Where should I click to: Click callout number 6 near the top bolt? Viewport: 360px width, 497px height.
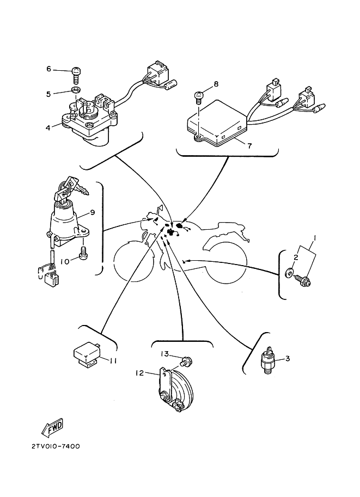48,69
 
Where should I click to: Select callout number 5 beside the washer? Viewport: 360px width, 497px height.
48,94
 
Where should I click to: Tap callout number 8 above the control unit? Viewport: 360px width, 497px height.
216,84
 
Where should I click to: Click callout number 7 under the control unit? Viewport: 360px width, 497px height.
249,146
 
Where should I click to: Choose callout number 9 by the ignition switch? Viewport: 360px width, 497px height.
93,212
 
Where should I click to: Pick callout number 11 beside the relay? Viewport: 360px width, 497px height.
113,360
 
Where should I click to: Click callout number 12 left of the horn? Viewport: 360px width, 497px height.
139,373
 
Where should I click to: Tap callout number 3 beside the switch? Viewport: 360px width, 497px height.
288,358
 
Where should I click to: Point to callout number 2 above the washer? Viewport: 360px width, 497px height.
296,257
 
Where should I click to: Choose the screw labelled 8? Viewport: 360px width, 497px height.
200,97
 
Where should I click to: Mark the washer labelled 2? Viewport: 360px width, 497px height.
289,272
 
